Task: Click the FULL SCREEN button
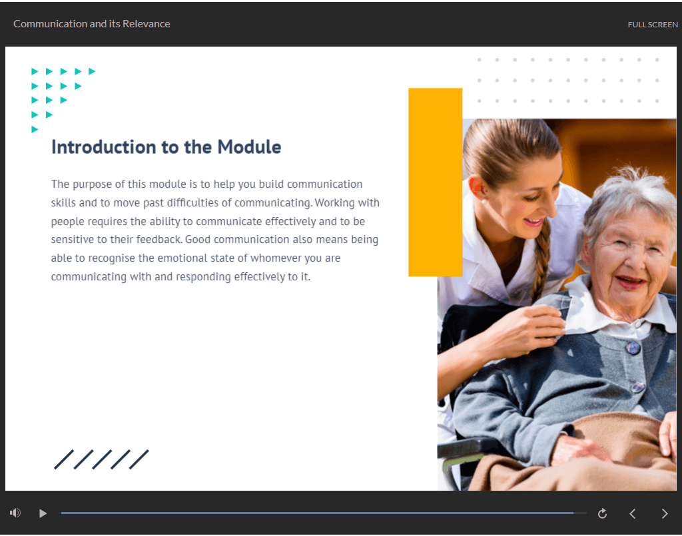[653, 25]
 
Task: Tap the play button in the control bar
[43, 513]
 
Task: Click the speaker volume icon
[15, 513]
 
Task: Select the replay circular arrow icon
[602, 513]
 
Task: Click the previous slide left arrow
[633, 514]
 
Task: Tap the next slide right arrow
[665, 514]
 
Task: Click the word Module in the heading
[249, 147]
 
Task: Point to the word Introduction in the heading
[103, 147]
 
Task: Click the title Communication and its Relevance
[92, 24]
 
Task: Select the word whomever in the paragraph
[276, 258]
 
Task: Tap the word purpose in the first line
[92, 184]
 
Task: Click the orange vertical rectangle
[435, 182]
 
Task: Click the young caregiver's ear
[478, 188]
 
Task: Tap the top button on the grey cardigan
[633, 348]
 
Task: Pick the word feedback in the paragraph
[159, 240]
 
